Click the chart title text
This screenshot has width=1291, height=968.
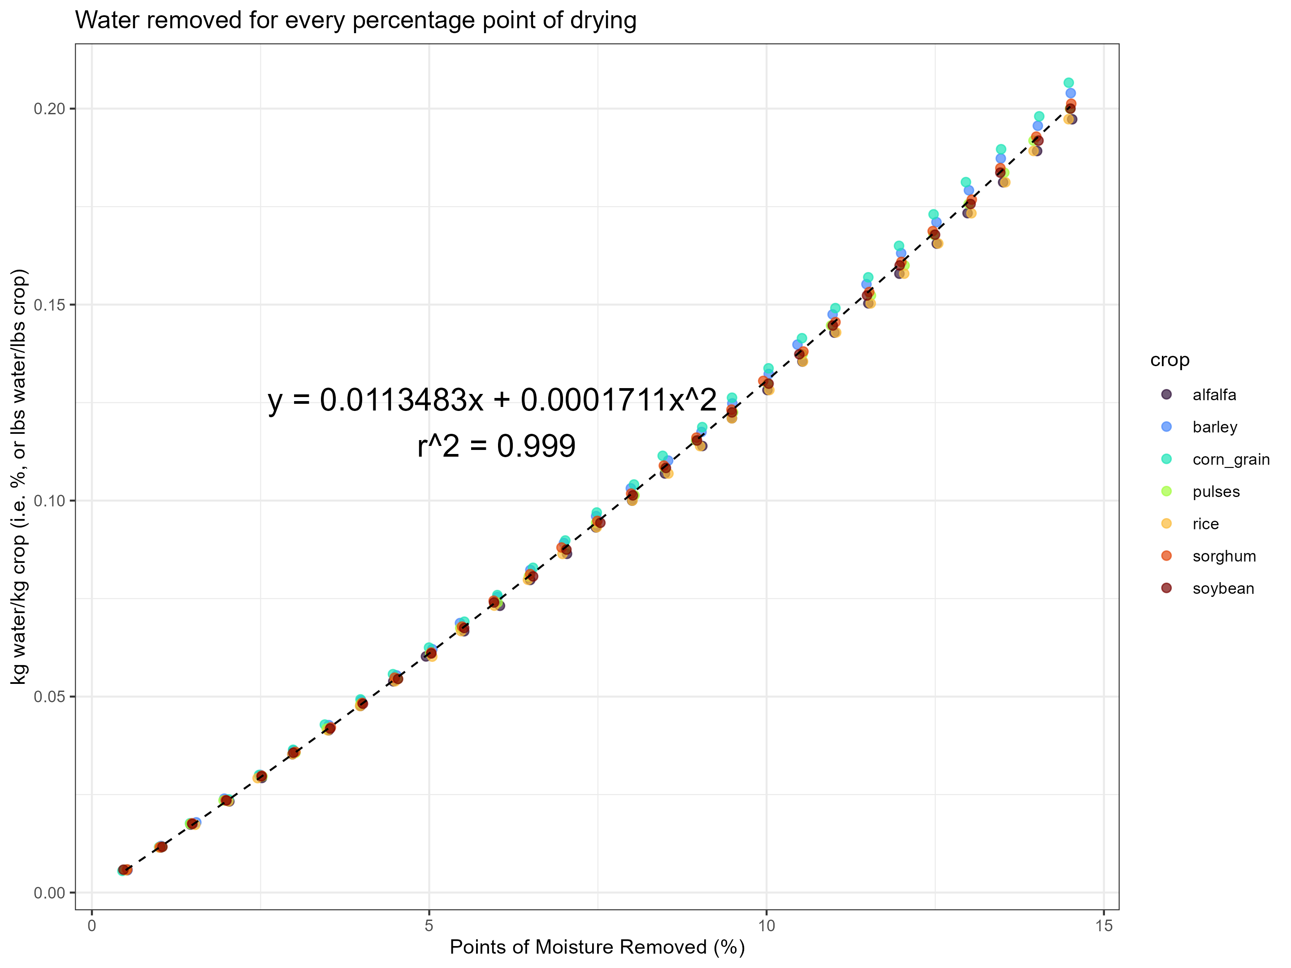point(355,21)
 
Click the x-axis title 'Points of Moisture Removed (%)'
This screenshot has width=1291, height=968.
point(597,946)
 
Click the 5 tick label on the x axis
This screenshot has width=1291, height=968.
point(429,926)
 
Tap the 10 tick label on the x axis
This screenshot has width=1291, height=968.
point(767,926)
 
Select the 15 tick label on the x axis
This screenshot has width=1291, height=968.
point(1104,926)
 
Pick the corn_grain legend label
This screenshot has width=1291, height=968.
point(1231,460)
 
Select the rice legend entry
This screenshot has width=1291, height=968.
point(1205,524)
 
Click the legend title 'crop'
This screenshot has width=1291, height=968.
point(1170,360)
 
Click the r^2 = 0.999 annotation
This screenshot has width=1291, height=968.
point(496,446)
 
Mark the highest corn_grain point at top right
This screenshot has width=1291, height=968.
point(1069,83)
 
